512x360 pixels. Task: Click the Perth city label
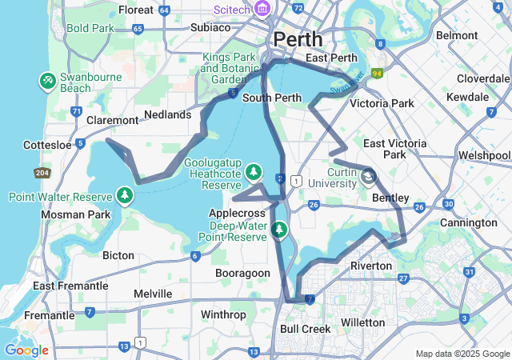(298, 38)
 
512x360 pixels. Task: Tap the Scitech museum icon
(262, 9)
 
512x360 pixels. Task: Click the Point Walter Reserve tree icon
(124, 194)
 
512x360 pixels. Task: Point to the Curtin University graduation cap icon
(368, 175)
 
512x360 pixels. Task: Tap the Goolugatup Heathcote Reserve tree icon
(254, 171)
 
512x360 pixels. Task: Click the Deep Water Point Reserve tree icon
(279, 230)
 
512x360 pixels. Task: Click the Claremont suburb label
(112, 120)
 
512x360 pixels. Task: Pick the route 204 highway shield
(42, 173)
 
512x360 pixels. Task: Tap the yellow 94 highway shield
(376, 73)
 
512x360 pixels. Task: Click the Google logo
(26, 350)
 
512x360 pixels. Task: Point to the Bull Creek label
(305, 329)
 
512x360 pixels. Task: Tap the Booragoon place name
(242, 273)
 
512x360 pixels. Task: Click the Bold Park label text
(90, 28)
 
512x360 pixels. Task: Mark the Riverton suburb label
(371, 265)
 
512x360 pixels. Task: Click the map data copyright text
(462, 354)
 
